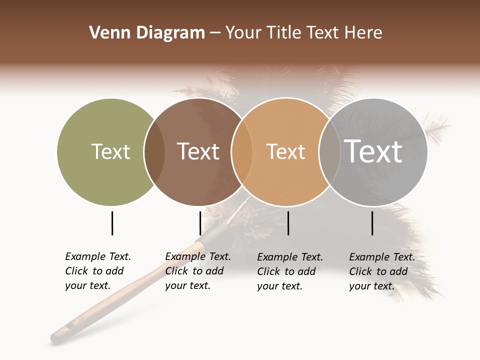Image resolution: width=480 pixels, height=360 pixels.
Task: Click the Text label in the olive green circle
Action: (x=110, y=151)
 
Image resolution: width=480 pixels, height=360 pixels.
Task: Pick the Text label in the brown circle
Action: (x=198, y=151)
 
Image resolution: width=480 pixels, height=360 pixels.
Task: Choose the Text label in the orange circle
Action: (x=285, y=151)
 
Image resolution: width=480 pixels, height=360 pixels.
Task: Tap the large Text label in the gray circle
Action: (x=373, y=151)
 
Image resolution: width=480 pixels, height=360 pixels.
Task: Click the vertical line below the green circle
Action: (x=112, y=223)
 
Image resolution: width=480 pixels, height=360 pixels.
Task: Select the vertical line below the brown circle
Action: (x=200, y=223)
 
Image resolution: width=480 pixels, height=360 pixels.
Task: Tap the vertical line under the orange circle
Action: (x=288, y=223)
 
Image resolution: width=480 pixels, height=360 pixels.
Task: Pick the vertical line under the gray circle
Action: (x=372, y=223)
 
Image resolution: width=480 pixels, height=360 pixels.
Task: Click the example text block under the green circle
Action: (x=97, y=271)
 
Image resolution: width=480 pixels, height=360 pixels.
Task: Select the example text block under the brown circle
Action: (x=197, y=271)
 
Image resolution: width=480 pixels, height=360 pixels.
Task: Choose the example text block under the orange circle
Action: (x=289, y=271)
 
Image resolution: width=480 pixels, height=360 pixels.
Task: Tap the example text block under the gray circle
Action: (x=381, y=271)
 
